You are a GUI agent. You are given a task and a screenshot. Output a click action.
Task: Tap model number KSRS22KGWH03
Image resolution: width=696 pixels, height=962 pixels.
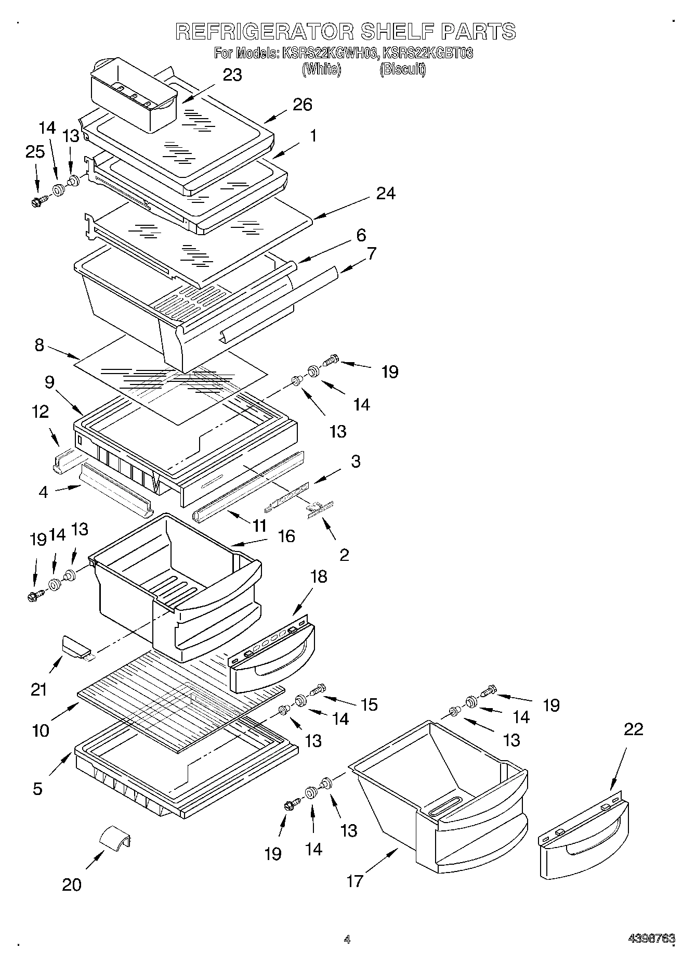click(330, 53)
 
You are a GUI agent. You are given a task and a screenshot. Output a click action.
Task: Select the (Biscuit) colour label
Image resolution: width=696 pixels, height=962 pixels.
click(403, 69)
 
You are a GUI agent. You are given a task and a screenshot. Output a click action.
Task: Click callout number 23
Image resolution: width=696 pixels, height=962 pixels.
click(232, 75)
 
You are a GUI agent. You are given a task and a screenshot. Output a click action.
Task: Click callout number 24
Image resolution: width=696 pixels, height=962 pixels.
click(386, 193)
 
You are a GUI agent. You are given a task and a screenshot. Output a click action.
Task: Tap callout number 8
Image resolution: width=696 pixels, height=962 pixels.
click(40, 345)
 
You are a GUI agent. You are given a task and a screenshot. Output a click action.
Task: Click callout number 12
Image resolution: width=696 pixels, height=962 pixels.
click(40, 412)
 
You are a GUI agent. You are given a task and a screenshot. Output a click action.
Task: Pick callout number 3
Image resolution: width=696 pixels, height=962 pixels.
click(356, 461)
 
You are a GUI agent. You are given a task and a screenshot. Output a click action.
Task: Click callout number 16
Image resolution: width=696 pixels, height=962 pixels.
click(286, 536)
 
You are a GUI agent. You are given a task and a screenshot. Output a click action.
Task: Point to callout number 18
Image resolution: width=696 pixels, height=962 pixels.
click(319, 576)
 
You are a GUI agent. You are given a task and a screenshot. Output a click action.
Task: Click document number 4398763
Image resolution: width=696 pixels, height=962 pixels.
click(651, 939)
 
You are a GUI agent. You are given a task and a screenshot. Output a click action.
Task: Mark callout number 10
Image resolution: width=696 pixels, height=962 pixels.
click(40, 730)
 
